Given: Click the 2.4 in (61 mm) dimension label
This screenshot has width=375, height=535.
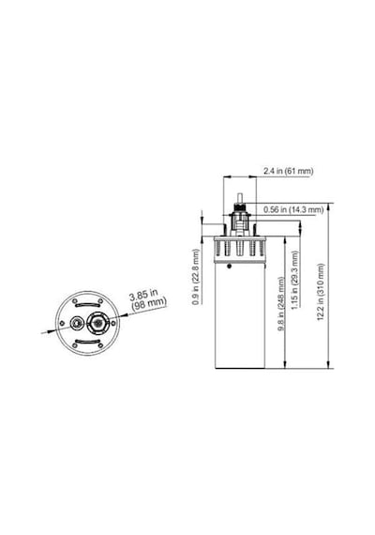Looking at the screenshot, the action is click(288, 171).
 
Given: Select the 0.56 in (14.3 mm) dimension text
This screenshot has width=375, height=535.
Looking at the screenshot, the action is click(293, 209).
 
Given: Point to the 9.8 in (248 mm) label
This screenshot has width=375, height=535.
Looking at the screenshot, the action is click(281, 304).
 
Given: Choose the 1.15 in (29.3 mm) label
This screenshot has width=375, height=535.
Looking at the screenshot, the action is click(295, 280).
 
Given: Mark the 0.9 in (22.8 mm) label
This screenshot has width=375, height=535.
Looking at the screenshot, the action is click(195, 277).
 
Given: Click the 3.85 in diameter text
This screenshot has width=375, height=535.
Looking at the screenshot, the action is click(143, 295).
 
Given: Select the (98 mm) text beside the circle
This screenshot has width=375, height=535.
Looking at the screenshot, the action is click(149, 305).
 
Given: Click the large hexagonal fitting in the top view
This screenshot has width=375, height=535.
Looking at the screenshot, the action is click(97, 323).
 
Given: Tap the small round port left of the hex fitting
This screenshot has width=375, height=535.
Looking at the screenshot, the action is click(76, 323).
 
